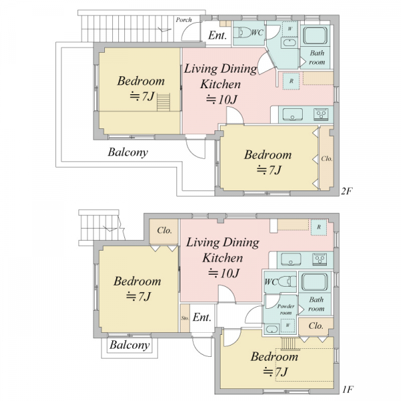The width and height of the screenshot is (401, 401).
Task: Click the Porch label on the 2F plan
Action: click(x=184, y=20)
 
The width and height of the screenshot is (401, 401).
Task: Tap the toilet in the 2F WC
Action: click(x=242, y=33)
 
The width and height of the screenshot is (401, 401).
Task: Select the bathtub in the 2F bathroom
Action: click(x=315, y=36)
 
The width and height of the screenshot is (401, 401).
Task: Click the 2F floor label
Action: click(x=347, y=191)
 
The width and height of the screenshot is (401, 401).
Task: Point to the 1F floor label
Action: click(x=348, y=390)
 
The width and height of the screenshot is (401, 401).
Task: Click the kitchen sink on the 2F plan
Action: click(x=292, y=114)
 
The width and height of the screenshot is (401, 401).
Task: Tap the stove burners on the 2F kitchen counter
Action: click(x=321, y=114)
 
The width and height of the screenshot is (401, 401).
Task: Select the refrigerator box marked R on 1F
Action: click(x=319, y=227)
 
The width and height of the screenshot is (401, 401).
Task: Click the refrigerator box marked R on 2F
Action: click(x=291, y=81)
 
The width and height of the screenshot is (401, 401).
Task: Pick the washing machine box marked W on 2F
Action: click(x=289, y=29)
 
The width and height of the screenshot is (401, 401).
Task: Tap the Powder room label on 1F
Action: click(x=285, y=309)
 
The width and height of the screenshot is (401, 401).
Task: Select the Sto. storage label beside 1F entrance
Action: click(x=185, y=318)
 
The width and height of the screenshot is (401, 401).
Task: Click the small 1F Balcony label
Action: click(x=130, y=345)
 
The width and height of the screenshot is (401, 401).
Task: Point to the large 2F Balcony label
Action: click(x=128, y=152)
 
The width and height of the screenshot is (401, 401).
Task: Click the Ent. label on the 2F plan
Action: click(x=217, y=35)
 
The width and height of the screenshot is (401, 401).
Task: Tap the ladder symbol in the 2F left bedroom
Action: click(x=163, y=102)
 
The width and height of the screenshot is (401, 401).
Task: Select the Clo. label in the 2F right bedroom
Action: click(x=327, y=159)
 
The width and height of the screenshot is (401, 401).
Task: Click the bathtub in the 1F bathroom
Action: click(x=315, y=282)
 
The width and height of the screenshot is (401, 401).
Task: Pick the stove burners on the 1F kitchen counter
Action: click(x=319, y=259)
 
